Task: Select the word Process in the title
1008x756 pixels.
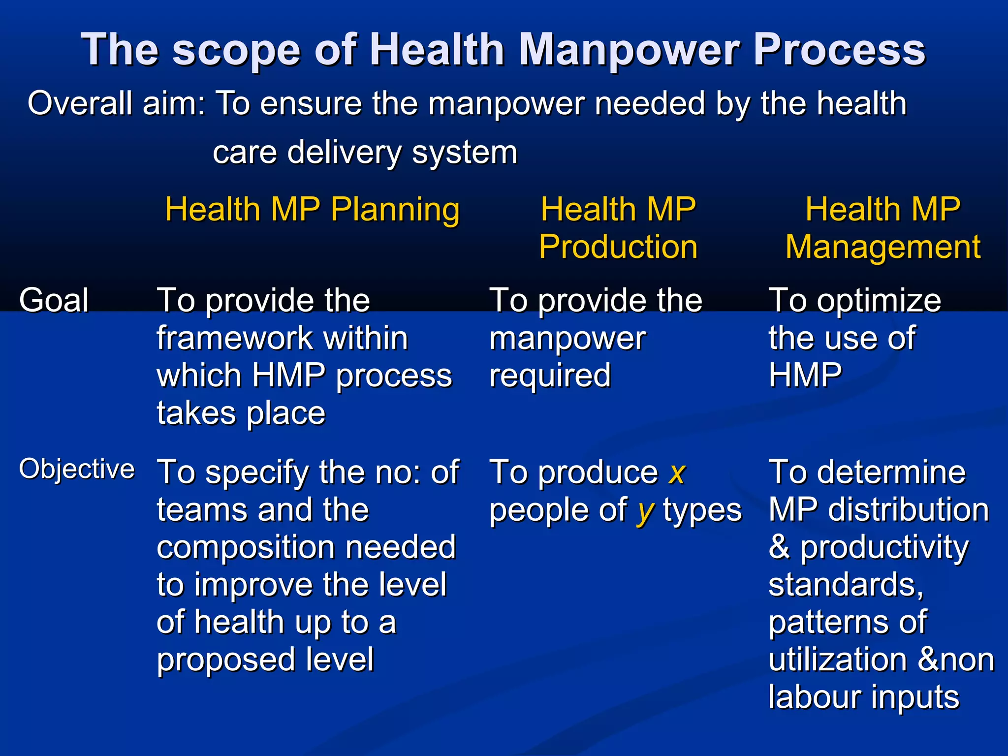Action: click(839, 50)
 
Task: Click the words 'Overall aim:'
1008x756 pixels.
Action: click(116, 104)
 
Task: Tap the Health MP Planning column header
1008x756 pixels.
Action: click(312, 210)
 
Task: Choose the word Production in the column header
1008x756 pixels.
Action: click(618, 247)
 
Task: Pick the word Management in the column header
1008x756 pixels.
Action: click(883, 247)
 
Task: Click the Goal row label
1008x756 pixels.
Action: click(54, 300)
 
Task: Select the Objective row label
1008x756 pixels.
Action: click(77, 469)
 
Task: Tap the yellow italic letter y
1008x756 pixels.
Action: click(645, 512)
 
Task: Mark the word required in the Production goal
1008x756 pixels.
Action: click(550, 376)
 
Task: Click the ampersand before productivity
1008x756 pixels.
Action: click(779, 547)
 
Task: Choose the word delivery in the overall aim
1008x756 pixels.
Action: click(344, 152)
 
